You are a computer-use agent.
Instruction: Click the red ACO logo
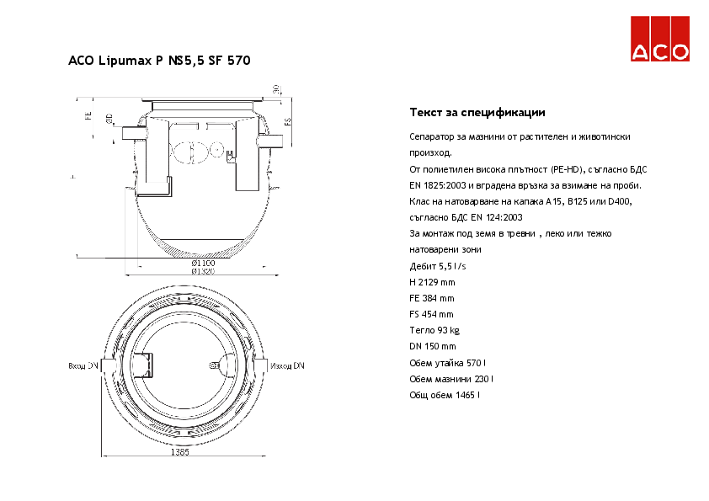661,40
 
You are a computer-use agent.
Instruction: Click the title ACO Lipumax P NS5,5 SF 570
158,61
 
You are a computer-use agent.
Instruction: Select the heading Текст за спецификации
477,112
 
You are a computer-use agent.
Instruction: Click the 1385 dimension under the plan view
179,452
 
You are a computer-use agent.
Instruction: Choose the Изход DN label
287,366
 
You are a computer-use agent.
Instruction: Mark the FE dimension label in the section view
88,115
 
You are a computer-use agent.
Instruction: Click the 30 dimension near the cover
275,90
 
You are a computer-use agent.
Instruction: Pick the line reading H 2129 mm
432,282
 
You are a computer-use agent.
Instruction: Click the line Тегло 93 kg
434,330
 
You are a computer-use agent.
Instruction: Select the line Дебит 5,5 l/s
437,266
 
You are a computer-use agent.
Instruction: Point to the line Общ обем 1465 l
445,394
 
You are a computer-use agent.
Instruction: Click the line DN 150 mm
432,346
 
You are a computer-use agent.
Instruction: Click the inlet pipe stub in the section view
131,133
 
